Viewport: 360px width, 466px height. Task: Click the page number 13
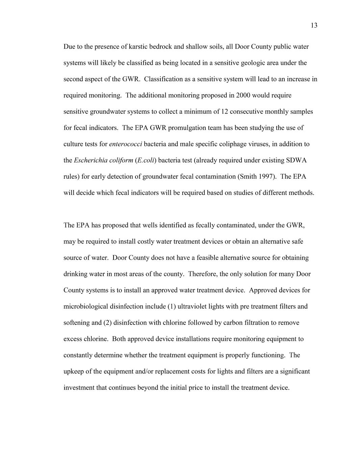[314, 26]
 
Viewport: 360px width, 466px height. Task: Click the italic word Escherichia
[89, 160]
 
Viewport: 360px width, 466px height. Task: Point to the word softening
[77, 323]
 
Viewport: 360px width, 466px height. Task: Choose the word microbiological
[86, 307]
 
